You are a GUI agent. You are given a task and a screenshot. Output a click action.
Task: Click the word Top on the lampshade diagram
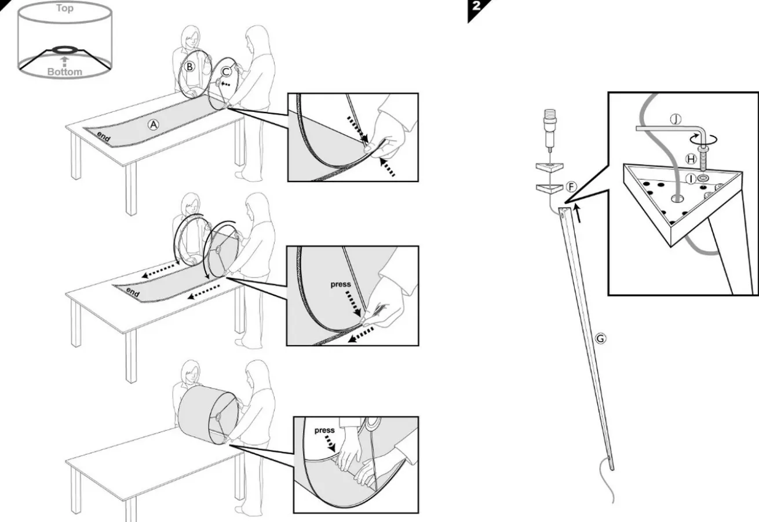64,8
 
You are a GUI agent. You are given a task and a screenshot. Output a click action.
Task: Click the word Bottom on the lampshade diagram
64,72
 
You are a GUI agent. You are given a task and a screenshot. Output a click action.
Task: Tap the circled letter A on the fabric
154,125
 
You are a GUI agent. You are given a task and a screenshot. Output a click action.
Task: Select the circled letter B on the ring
189,67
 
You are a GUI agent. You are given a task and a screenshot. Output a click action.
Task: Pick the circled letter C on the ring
226,71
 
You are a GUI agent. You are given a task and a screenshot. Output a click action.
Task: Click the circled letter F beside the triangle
571,187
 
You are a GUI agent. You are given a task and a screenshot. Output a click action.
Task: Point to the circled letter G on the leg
600,338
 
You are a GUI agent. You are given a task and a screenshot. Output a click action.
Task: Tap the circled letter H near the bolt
691,159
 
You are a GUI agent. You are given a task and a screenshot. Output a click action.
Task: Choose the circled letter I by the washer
691,179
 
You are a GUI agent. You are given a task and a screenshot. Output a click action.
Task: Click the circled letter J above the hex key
676,119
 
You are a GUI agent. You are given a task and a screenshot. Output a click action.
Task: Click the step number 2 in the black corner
476,6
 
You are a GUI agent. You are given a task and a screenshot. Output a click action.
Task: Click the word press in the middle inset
341,284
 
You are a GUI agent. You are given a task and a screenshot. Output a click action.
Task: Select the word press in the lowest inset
324,430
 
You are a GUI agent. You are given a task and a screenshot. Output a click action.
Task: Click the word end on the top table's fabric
103,136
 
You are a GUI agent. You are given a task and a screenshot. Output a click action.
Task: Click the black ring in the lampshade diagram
64,49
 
